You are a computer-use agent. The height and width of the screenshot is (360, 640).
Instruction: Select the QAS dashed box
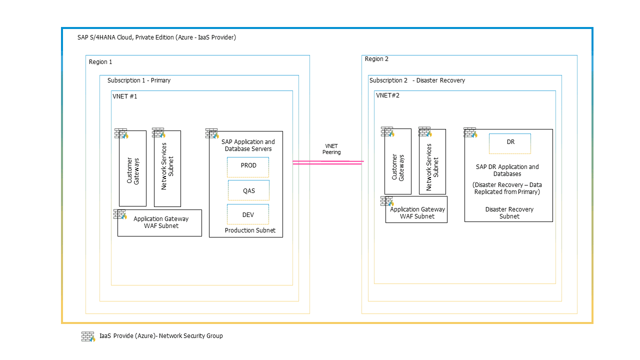248,190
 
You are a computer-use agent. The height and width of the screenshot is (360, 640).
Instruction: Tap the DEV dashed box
248,214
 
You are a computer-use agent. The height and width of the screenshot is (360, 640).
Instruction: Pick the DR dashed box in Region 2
510,143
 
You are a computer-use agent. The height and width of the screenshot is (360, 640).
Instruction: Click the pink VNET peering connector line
327,162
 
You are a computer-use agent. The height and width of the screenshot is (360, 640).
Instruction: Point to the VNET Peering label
331,149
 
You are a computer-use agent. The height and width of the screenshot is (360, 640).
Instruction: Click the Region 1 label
100,62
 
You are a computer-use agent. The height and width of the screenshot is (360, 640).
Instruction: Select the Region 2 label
376,59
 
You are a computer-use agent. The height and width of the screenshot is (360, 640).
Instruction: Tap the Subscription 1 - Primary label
139,80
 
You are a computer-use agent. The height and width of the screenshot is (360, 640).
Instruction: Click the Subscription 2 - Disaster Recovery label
417,80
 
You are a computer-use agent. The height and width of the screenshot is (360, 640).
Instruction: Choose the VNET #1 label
125,96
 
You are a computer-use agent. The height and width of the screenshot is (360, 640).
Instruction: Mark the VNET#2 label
387,95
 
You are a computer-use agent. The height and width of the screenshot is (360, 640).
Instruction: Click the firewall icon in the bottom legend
88,336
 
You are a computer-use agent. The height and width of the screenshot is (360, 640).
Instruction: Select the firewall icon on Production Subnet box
212,133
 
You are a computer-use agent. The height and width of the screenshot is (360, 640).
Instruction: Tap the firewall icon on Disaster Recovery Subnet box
470,132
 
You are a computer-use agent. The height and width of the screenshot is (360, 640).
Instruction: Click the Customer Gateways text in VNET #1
132,171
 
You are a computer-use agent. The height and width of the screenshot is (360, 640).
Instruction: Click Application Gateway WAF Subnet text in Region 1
161,222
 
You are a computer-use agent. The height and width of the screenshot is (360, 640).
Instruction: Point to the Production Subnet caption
250,230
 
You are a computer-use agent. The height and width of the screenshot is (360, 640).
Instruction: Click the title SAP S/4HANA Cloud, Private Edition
156,37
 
